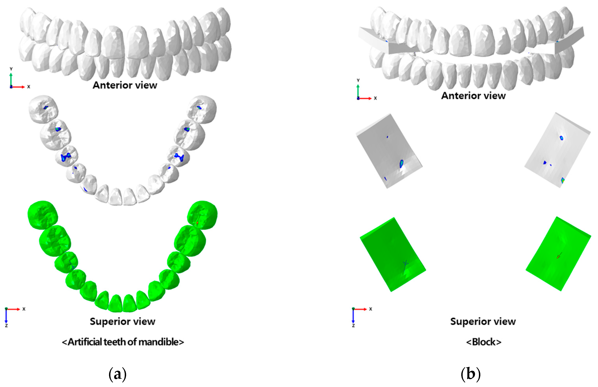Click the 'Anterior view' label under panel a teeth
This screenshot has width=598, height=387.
coord(125,85)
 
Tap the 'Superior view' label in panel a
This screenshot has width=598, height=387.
coord(122,321)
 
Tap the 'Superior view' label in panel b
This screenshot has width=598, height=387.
coord(483,321)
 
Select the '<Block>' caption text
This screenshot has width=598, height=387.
coord(483,342)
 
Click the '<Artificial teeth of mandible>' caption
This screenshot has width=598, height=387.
coord(123,342)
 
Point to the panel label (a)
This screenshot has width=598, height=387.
coord(117,374)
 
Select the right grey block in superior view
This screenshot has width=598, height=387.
coord(557,150)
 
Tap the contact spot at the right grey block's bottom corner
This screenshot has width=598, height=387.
coord(563,180)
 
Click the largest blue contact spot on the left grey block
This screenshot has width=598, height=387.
coord(401,164)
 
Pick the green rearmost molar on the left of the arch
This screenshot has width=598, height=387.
coord(43,215)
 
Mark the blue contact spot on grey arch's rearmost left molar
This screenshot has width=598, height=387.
coord(46,108)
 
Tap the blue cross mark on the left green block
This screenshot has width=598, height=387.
coord(405,263)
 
